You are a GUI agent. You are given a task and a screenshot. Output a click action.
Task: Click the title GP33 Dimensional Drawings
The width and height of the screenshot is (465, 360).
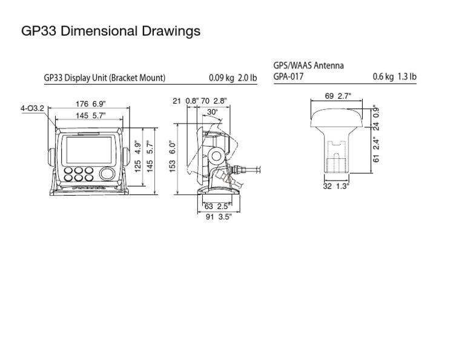pyautogui.click(x=110, y=31)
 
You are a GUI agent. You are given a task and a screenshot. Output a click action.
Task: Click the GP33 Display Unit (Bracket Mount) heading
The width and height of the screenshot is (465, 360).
pyautogui.click(x=105, y=78)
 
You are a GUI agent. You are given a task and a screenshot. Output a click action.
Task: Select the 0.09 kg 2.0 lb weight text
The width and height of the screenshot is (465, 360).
pyautogui.click(x=232, y=78)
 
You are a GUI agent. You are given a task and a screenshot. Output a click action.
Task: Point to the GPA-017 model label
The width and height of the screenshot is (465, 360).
pyautogui.click(x=289, y=77)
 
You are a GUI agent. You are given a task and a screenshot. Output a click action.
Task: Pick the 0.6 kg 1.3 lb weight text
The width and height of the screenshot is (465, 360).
pyautogui.click(x=394, y=77)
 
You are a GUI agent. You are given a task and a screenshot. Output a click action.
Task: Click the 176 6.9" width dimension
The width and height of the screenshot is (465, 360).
pyautogui.click(x=88, y=103)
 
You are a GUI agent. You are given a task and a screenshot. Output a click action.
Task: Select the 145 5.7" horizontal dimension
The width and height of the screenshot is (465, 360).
pyautogui.click(x=88, y=115)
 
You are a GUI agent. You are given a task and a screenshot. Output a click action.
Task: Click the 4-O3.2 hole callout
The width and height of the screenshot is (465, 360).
pyautogui.click(x=32, y=108)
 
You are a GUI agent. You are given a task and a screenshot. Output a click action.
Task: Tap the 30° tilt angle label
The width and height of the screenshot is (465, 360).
pyautogui.click(x=212, y=112)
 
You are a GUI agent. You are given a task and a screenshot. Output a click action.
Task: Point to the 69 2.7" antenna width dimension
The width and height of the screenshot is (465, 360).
pyautogui.click(x=338, y=96)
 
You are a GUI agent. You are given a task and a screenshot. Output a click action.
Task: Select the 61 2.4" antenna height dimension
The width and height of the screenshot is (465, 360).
pyautogui.click(x=376, y=150)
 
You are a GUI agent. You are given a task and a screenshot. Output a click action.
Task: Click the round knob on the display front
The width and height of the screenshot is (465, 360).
pyautogui.click(x=107, y=174)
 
